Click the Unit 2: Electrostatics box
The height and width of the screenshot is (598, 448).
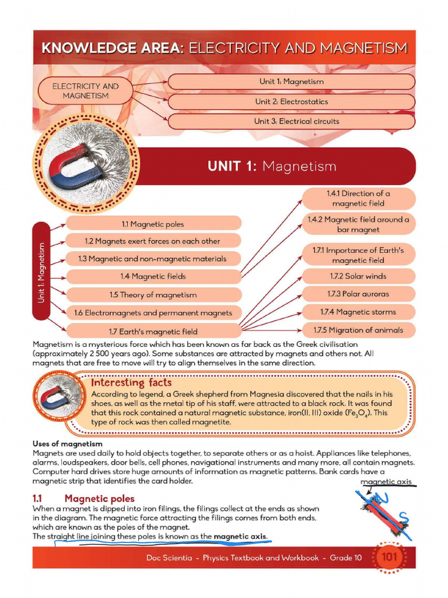pos(291,102)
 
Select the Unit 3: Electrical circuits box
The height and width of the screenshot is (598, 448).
pos(291,121)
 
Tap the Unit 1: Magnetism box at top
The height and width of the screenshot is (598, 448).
pos(291,82)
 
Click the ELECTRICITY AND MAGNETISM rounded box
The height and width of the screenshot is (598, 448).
pos(85,91)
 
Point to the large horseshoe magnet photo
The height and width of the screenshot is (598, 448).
pos(88,166)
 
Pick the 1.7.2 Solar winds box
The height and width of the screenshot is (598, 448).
pos(358,276)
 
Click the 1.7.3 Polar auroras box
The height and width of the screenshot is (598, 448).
pos(358,294)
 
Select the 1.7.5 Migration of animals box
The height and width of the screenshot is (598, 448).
pos(358,330)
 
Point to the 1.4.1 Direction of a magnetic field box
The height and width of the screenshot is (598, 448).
pos(358,199)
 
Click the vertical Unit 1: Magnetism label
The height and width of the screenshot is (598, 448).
pos(41,271)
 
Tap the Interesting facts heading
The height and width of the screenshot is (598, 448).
pos(131,383)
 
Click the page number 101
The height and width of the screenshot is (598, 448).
pos(388,557)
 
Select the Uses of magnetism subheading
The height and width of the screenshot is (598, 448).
pos(68,444)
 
